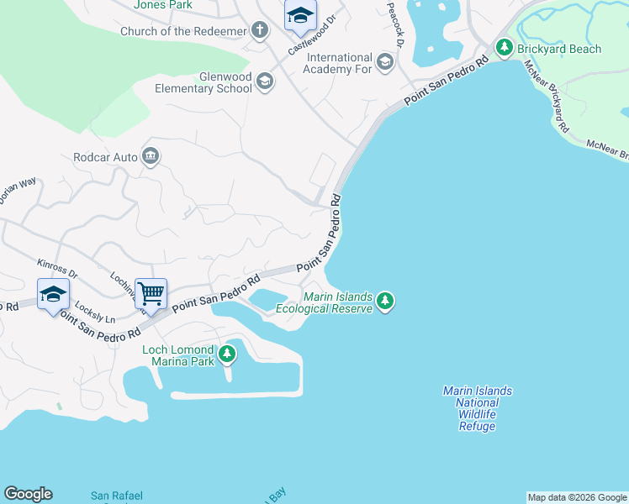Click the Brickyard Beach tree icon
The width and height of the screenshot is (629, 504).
(505, 48)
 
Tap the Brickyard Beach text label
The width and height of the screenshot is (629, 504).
(559, 49)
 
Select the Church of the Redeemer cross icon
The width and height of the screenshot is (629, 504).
(261, 31)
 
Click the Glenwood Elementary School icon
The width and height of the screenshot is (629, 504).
(265, 81)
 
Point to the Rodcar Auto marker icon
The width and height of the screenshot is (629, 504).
(151, 155)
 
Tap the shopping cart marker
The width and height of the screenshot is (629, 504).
(151, 294)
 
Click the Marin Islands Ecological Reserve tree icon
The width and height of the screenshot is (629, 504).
(385, 300)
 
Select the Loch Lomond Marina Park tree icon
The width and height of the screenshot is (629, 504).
(226, 354)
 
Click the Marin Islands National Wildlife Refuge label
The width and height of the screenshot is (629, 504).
(478, 408)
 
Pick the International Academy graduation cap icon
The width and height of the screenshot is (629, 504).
(385, 61)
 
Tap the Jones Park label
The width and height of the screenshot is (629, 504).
(163, 5)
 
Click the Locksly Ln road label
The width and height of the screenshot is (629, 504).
(94, 312)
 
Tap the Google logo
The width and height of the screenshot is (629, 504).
(28, 494)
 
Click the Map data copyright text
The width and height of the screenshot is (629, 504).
(577, 497)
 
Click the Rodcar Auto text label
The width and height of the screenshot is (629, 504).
(105, 156)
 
